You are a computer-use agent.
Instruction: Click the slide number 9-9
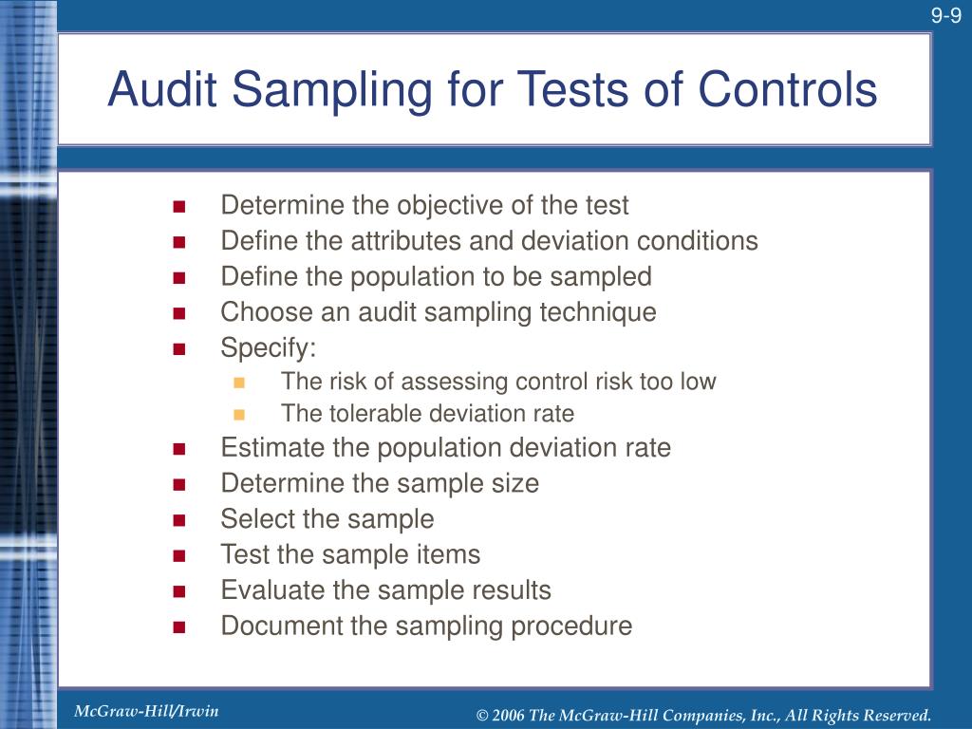pos(945,15)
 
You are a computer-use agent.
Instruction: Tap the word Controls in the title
pos(788,90)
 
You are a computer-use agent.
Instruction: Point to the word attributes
pos(398,241)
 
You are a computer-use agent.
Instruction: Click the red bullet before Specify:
pos(178,348)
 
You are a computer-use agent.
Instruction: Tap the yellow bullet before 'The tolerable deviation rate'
pos(238,414)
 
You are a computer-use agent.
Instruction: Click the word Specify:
pos(268,348)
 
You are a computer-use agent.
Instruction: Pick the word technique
pos(596,312)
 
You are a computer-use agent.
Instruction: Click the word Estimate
pos(266,448)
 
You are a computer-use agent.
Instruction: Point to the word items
pos(448,554)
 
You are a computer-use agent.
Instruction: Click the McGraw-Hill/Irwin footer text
pos(146,711)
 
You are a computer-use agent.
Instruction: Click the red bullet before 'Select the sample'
pos(178,519)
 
